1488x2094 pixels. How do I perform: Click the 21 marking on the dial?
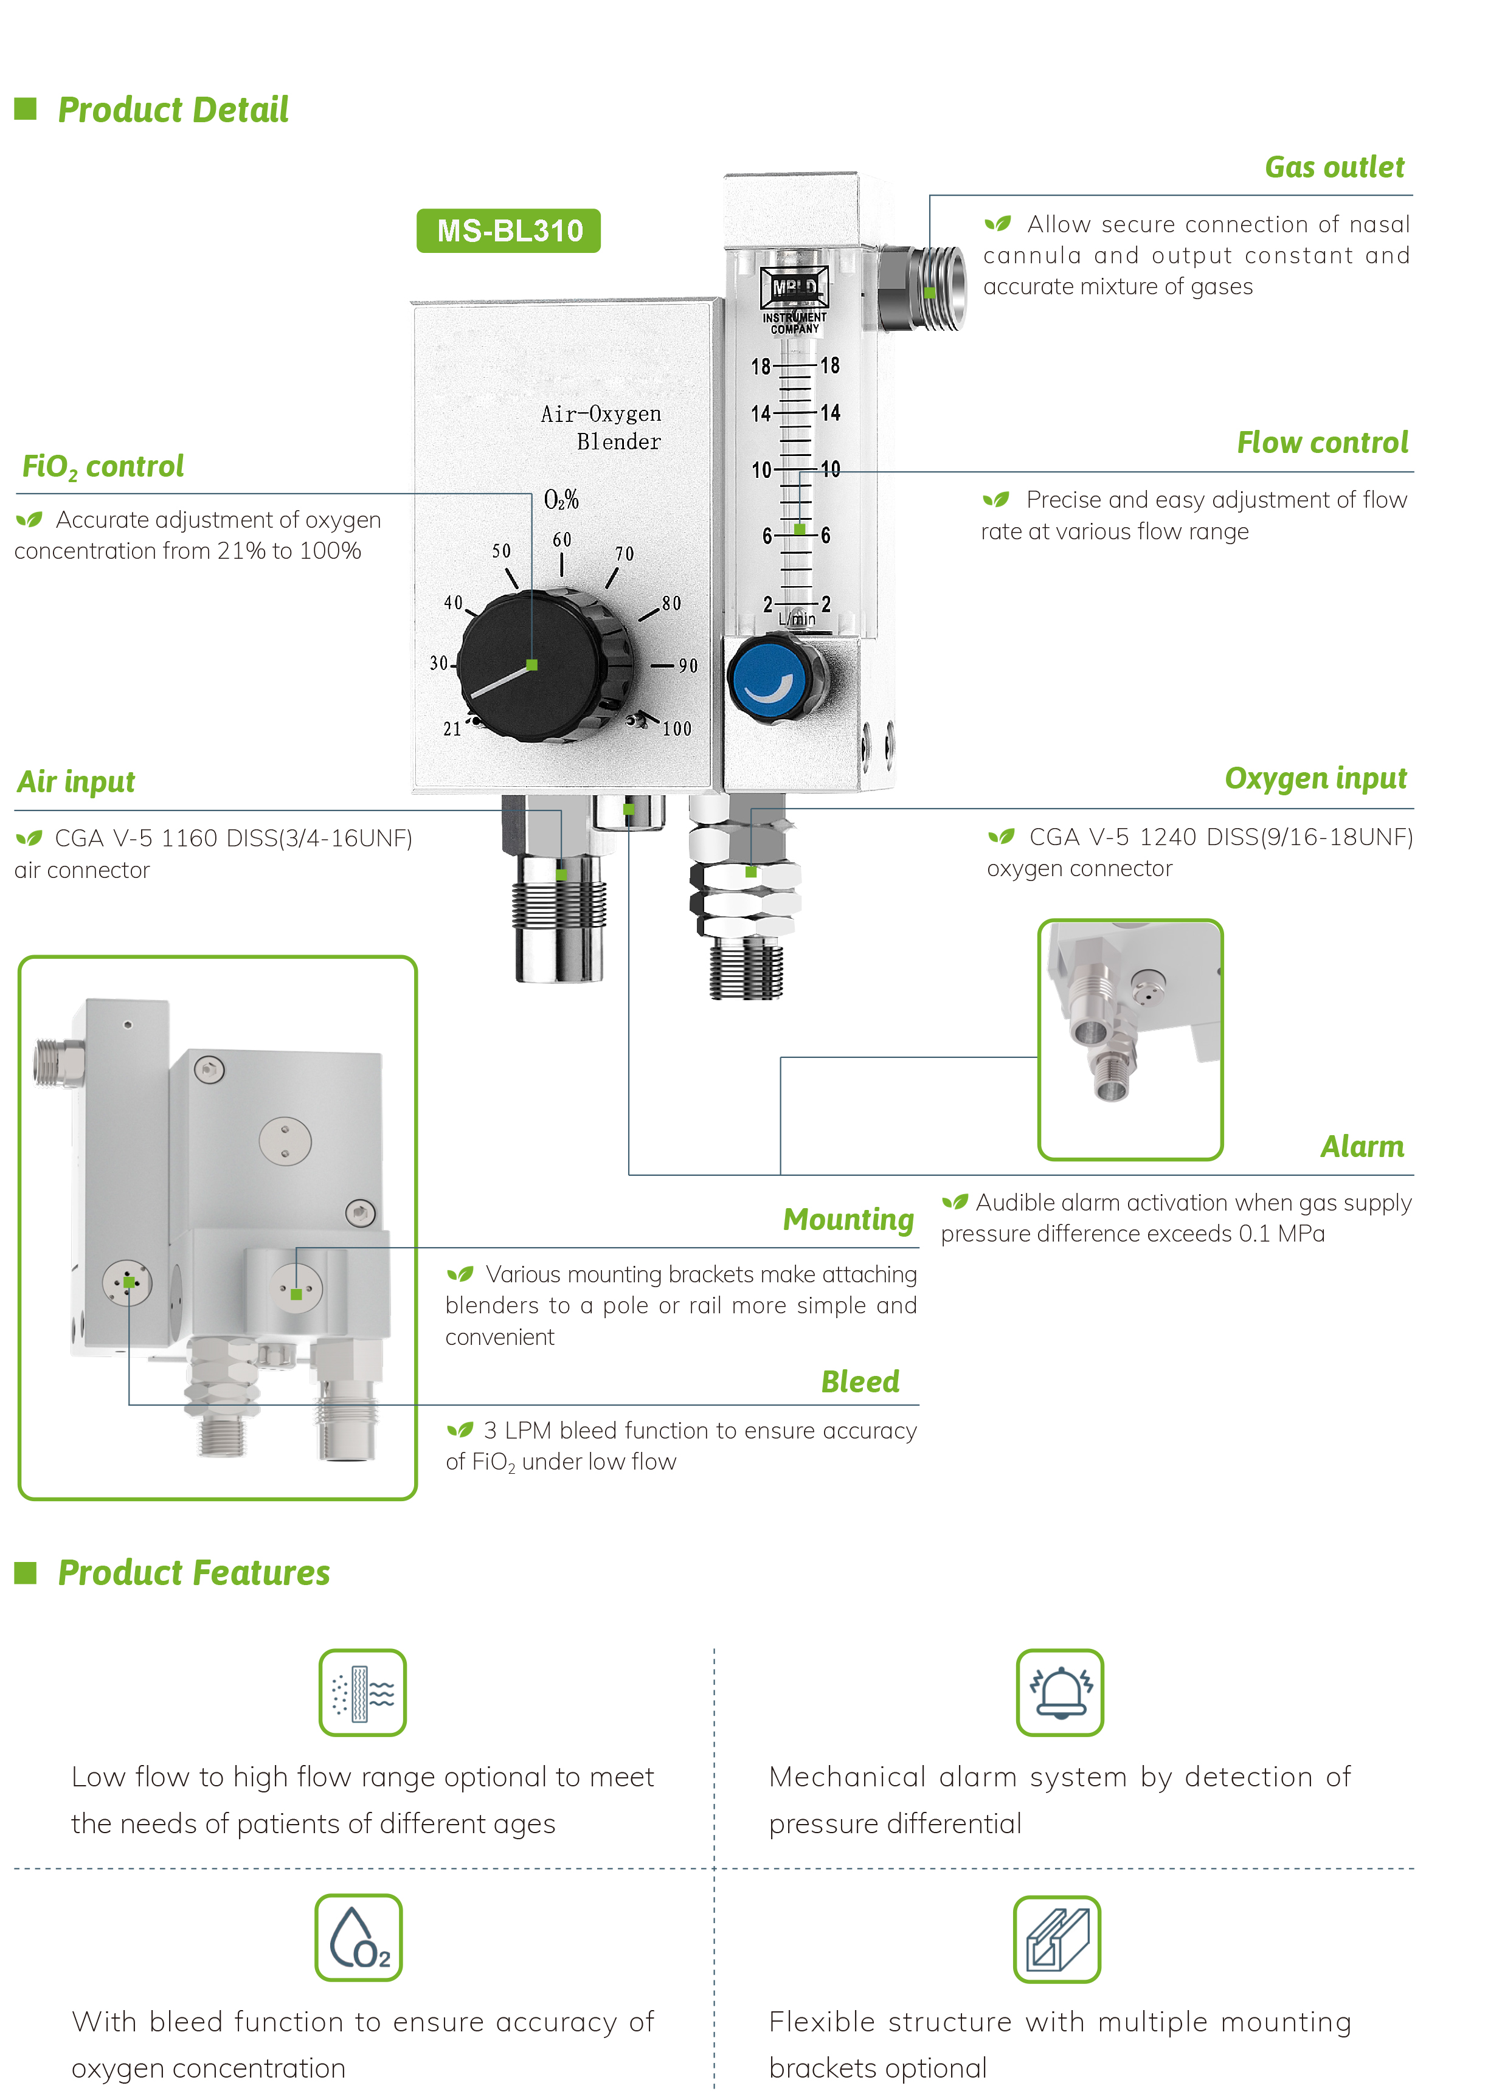(x=452, y=729)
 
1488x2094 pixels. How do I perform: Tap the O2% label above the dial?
(x=561, y=499)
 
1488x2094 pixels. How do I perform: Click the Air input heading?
(x=76, y=783)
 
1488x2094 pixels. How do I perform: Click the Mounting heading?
(x=848, y=1220)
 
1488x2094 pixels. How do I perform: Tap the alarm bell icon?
(x=1059, y=1693)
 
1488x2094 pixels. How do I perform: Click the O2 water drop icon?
(x=358, y=1937)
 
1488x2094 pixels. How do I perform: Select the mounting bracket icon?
(x=1056, y=1939)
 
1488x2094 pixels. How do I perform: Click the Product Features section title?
(x=193, y=1573)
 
